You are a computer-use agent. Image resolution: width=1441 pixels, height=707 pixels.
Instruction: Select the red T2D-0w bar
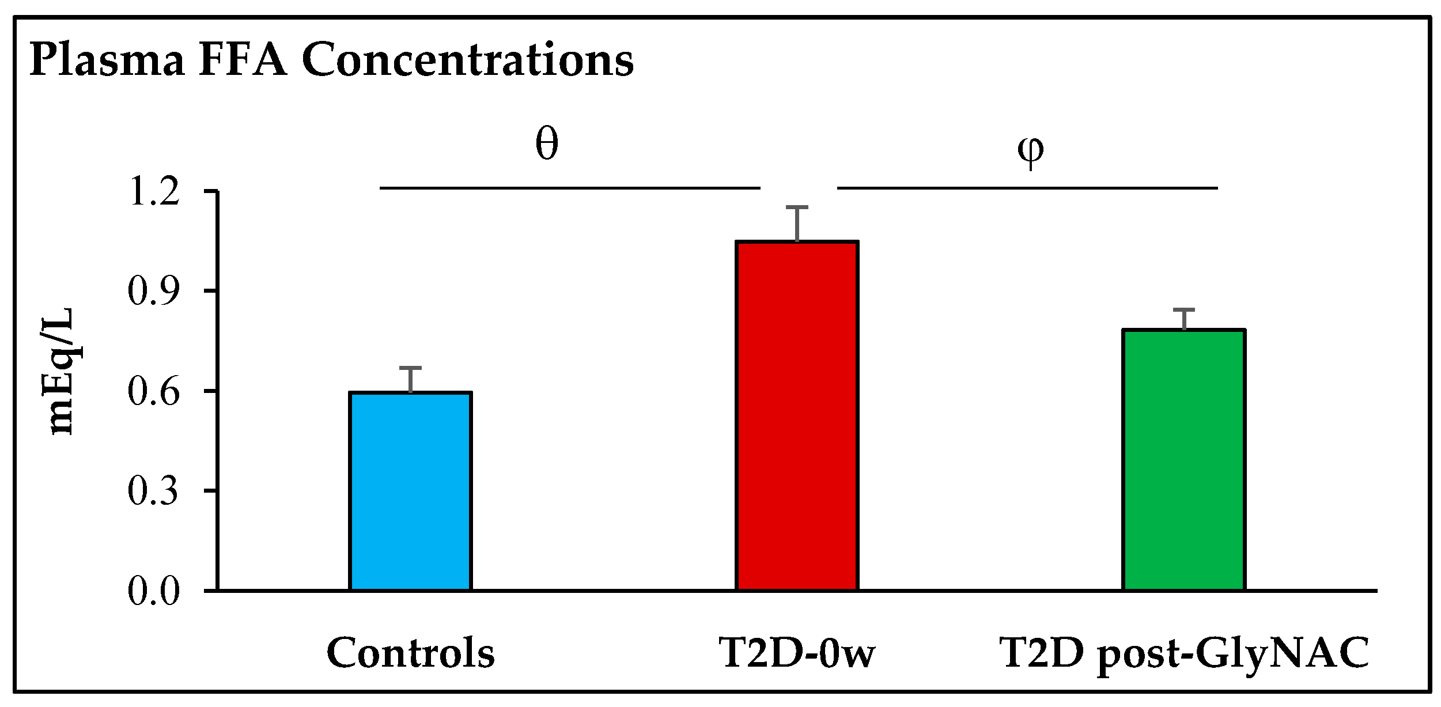[797, 415]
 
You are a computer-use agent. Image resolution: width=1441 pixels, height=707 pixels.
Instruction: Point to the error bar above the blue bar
[410, 380]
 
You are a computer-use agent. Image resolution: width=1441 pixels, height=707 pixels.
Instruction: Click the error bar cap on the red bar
[797, 207]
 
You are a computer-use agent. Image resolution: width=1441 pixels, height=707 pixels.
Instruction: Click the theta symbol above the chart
[546, 143]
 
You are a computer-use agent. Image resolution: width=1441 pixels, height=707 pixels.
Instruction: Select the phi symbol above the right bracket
[1030, 151]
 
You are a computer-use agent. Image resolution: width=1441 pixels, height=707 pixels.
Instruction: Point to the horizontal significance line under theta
[570, 188]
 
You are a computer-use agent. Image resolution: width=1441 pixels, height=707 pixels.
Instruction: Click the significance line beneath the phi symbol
[1027, 188]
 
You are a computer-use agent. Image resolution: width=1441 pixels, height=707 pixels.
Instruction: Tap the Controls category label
[410, 653]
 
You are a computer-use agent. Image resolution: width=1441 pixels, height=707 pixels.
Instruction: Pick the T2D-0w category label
[797, 653]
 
